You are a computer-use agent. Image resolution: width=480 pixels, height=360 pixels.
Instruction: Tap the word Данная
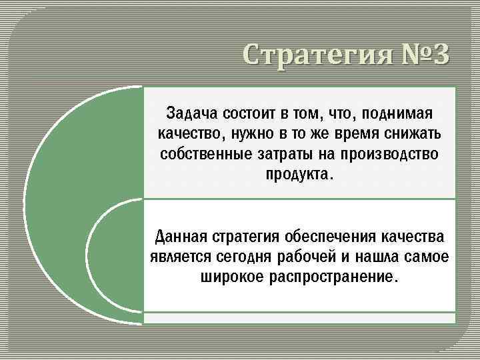pyautogui.click(x=181, y=236)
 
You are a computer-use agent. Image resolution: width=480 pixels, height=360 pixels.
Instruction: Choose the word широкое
pyautogui.click(x=231, y=277)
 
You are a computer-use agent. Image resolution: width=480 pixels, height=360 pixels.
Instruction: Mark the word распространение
pyautogui.click(x=335, y=277)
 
